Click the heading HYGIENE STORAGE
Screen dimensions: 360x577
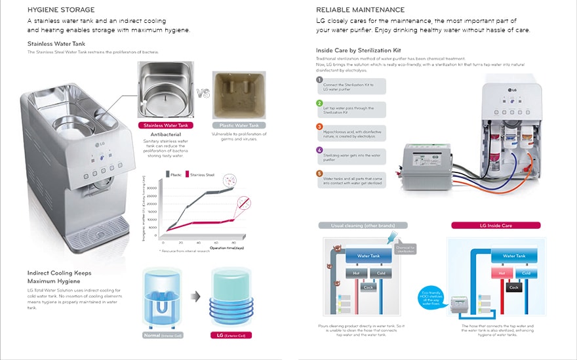point(61,10)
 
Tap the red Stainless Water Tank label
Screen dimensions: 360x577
point(166,125)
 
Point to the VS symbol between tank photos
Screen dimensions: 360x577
point(203,94)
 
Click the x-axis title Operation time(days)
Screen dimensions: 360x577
point(226,249)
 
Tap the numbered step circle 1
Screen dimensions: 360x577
point(320,80)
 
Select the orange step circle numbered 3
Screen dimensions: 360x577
point(320,127)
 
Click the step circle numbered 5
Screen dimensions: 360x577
point(320,174)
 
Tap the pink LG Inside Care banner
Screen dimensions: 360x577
point(496,225)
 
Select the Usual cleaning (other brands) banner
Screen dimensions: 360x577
point(363,225)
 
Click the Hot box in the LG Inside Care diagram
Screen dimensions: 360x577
point(502,272)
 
